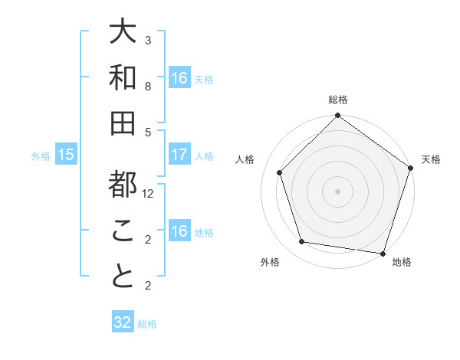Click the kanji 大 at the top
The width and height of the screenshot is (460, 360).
coord(123,32)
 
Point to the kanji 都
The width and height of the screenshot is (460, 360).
coord(123,185)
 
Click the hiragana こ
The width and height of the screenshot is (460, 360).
coord(123,231)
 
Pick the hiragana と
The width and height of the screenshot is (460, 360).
coord(123,277)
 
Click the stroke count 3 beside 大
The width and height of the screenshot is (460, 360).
coord(148,40)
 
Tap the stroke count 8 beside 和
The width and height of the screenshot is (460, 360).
coord(148,87)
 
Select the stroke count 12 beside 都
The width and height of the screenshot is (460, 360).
coord(149,194)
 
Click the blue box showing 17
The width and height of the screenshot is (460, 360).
coord(179,155)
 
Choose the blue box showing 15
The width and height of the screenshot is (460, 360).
coord(66,155)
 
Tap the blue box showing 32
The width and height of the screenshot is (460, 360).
coord(123,322)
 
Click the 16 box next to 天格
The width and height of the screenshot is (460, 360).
coord(179,78)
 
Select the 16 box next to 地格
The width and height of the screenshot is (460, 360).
coord(179,232)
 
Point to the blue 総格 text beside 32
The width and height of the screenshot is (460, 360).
coord(148,324)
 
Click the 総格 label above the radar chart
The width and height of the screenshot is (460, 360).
coord(338,100)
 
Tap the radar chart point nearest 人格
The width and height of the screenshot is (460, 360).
coord(280,172)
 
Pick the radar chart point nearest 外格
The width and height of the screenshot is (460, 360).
coord(302,242)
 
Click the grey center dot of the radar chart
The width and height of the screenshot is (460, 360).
coord(338,191)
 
